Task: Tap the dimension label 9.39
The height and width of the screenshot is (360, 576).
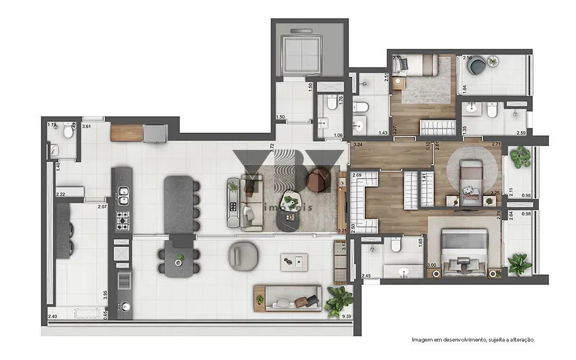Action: (346, 316)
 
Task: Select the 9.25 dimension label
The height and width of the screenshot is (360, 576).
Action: (342, 230)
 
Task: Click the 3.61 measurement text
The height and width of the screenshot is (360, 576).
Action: (86, 126)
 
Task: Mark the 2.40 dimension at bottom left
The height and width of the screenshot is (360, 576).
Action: (52, 316)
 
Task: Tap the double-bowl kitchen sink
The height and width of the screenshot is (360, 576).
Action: (123, 196)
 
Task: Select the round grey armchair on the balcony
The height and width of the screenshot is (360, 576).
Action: (240, 254)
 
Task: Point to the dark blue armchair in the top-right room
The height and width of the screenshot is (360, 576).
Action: (477, 66)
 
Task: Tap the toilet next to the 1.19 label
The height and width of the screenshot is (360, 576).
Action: (69, 132)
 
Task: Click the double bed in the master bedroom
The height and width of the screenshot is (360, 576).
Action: (464, 253)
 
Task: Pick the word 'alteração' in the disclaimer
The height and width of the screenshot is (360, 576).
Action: (520, 340)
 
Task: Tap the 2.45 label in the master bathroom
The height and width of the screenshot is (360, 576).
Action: (366, 276)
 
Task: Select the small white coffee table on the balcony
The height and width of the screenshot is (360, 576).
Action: (294, 262)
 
